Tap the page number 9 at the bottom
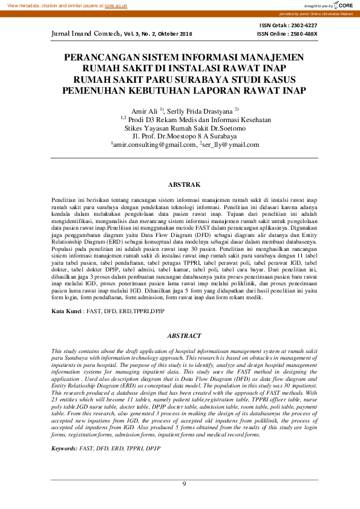[185, 484]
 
